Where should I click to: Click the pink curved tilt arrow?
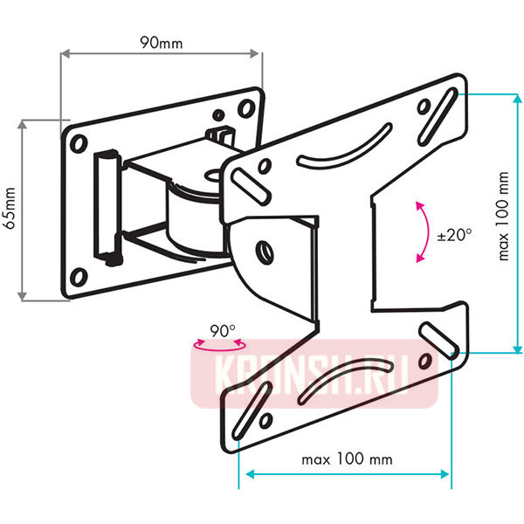point(423,231)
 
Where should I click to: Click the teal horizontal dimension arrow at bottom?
point(347,474)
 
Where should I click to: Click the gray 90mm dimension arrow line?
point(160,55)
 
